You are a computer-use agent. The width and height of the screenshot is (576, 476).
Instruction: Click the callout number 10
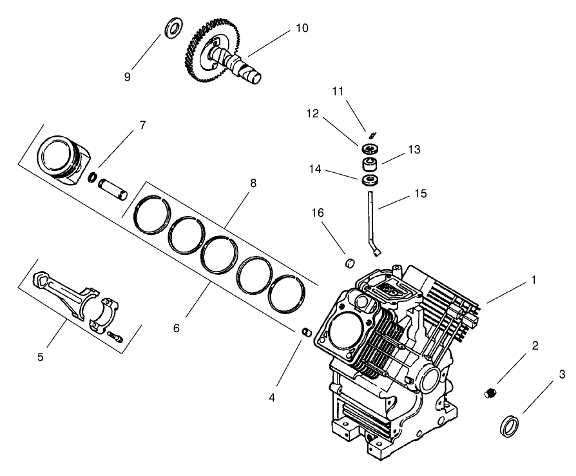tap(302, 28)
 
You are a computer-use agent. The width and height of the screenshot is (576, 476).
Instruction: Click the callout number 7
tap(142, 124)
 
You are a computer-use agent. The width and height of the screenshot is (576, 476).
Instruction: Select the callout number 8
tap(253, 183)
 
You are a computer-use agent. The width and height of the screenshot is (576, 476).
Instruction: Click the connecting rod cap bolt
tap(115, 336)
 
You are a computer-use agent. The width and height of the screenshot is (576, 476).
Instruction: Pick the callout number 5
tap(40, 357)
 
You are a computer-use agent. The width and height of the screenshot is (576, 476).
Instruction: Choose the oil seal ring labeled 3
tap(509, 426)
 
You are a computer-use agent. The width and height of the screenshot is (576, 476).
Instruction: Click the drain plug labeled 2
tap(492, 392)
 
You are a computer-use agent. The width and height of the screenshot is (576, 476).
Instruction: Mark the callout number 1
tap(533, 281)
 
